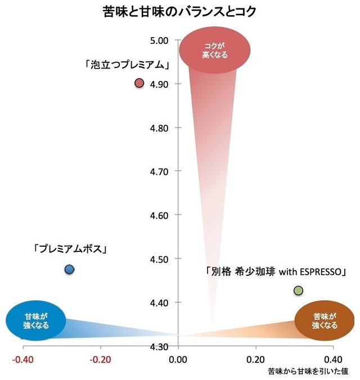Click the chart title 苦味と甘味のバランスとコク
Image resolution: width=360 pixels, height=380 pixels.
[x=179, y=11]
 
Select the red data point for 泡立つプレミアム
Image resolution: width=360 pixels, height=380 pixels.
[x=140, y=84]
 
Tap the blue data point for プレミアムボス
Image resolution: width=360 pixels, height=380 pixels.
[x=69, y=270]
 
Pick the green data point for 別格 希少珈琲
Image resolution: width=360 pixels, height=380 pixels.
[x=298, y=291]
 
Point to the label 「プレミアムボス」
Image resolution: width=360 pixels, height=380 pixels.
[x=70, y=248]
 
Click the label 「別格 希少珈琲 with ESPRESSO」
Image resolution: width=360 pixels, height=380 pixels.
[x=275, y=272]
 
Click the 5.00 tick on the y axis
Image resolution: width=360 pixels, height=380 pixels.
[x=160, y=40]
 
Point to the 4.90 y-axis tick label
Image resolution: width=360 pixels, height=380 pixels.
[x=160, y=84]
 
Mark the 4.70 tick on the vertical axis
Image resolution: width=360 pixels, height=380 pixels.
[x=160, y=171]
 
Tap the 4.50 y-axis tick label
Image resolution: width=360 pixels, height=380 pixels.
[x=160, y=259]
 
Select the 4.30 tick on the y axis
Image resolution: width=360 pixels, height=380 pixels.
[x=160, y=346]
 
